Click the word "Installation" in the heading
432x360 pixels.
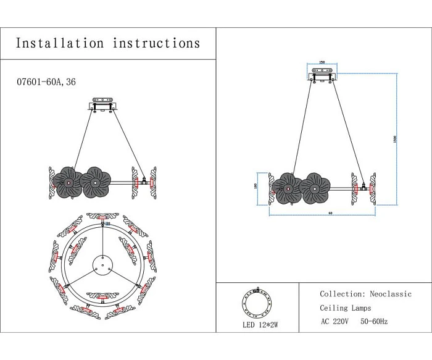(x=59, y=43)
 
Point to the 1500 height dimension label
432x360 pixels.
(x=395, y=141)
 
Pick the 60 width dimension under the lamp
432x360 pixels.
(x=322, y=213)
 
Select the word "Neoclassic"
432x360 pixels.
(x=391, y=294)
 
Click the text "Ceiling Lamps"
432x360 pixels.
(x=346, y=308)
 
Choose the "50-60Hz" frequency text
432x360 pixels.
(x=375, y=321)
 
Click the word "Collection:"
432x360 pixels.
(x=342, y=294)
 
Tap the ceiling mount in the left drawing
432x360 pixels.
(x=103, y=103)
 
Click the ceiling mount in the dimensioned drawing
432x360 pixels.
(x=322, y=75)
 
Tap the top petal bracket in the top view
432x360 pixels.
(x=100, y=216)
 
